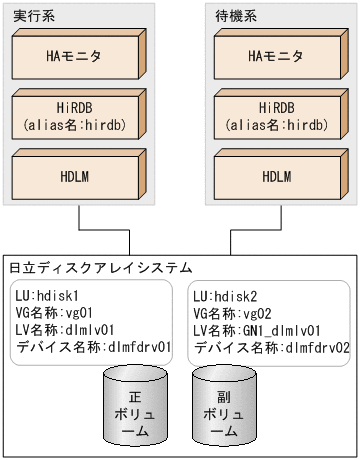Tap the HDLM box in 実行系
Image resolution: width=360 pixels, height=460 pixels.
[x=77, y=176]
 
